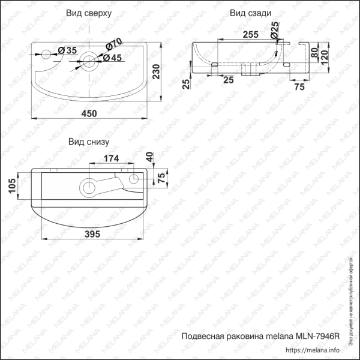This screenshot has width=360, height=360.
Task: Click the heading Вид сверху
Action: tap(89, 13)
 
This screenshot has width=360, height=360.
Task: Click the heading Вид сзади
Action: tap(247, 13)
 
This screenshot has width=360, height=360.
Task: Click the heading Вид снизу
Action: tap(89, 142)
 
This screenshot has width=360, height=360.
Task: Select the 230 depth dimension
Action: tap(156, 72)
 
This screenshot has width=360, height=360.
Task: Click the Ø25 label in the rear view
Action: tap(274, 28)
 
